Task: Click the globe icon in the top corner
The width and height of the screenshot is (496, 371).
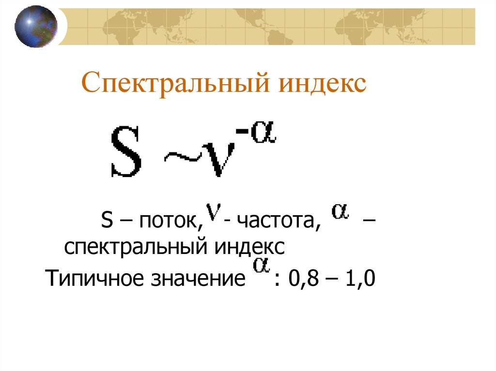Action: [x=35, y=26]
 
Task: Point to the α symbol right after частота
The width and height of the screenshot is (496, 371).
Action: [x=341, y=213]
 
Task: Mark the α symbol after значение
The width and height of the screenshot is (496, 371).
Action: [x=261, y=267]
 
